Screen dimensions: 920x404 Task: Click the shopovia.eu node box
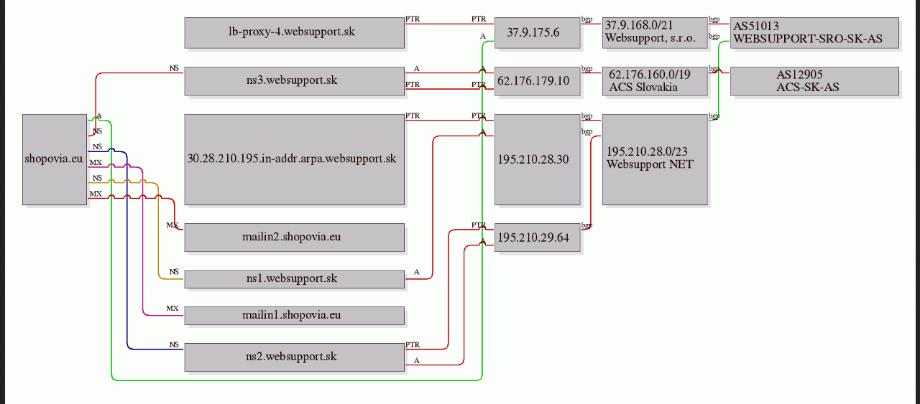(55, 159)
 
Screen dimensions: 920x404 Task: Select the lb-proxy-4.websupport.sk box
(294, 33)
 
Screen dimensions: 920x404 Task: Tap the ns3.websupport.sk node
(294, 81)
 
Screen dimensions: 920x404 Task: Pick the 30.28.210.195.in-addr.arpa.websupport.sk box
(294, 159)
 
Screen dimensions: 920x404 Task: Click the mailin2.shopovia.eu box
(294, 238)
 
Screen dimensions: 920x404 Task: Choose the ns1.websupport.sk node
(294, 279)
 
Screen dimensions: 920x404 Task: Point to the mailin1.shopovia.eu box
(294, 316)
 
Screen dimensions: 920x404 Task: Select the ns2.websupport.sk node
(294, 357)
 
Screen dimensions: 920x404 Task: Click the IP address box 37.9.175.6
(537, 33)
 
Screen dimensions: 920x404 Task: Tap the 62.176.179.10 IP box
(537, 81)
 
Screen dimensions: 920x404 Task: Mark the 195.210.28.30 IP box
(537, 159)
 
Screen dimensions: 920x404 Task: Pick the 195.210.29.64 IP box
(537, 238)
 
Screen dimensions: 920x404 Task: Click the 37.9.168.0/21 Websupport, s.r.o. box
(655, 33)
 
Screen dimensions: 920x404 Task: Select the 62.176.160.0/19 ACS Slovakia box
(655, 81)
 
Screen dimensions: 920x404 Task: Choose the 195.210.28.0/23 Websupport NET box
(655, 159)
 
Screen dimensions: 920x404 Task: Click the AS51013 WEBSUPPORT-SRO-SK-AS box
(814, 33)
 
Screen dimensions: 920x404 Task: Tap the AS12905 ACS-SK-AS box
(814, 81)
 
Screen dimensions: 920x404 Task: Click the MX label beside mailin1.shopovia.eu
(172, 309)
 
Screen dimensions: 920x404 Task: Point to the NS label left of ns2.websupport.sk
(174, 345)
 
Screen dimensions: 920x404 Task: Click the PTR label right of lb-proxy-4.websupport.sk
(413, 19)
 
